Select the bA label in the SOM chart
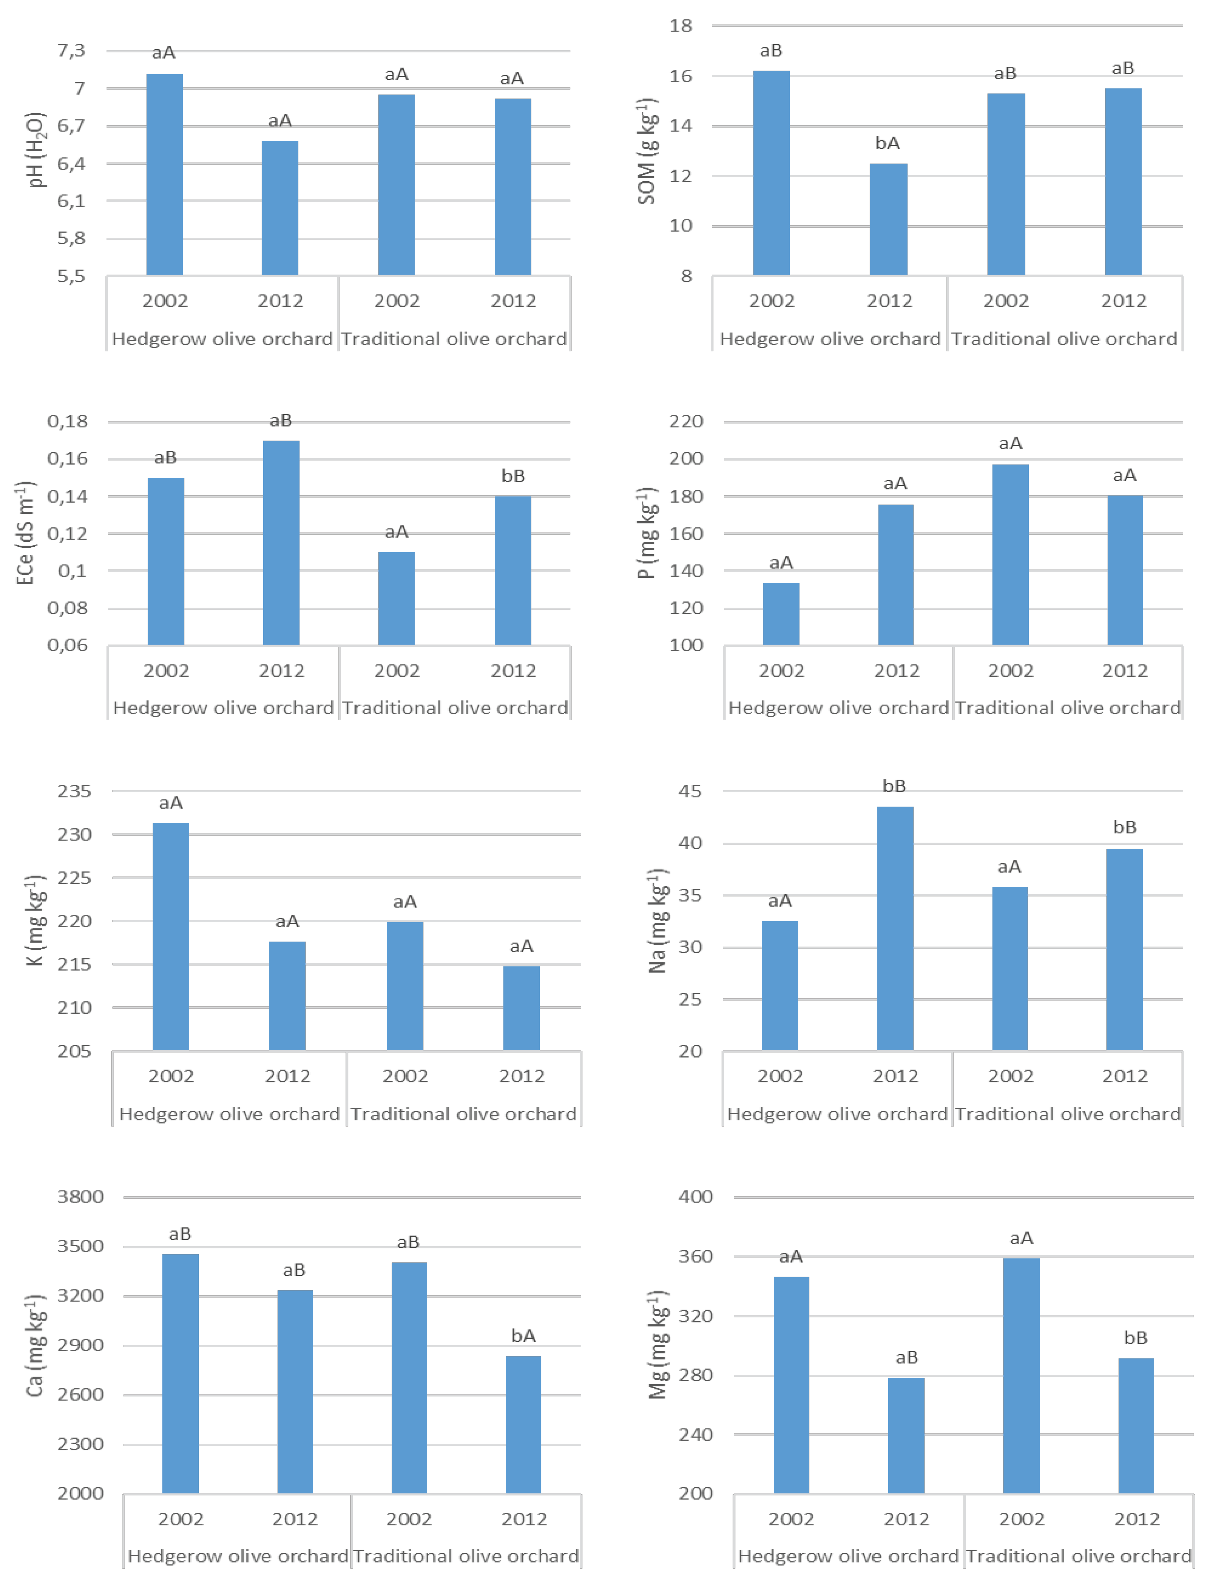pyautogui.click(x=887, y=143)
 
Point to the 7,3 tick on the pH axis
pyautogui.click(x=71, y=50)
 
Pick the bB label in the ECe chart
pyautogui.click(x=513, y=476)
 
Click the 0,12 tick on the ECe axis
pyautogui.click(x=68, y=534)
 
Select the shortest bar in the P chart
pyautogui.click(x=781, y=614)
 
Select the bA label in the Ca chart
pyautogui.click(x=523, y=1336)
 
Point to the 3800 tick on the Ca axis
pyautogui.click(x=81, y=1196)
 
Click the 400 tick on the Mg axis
pyautogui.click(x=696, y=1196)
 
